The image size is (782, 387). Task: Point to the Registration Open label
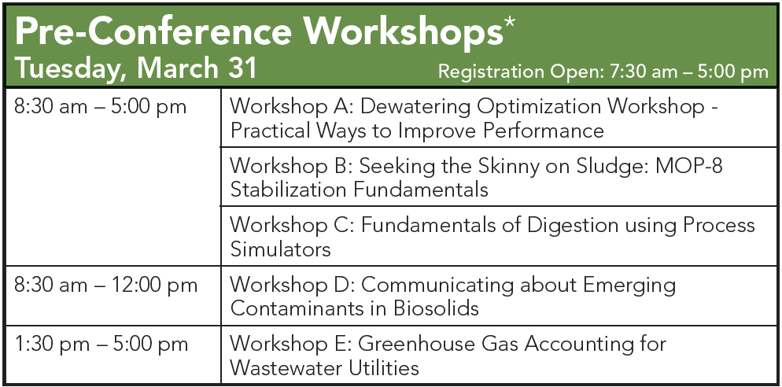520,72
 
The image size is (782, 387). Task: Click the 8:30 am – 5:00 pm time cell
101,107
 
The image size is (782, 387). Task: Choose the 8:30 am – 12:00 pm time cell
105,285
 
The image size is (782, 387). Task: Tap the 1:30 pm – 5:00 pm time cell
101,344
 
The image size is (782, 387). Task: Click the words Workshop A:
291,107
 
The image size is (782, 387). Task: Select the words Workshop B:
291,166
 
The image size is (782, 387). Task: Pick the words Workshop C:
291,226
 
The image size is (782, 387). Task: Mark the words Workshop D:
292,285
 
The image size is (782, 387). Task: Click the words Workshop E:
290,344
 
